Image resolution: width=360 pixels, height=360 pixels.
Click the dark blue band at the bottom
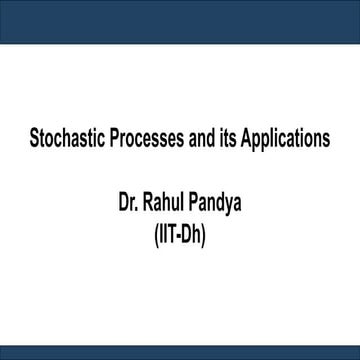(x=180, y=352)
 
